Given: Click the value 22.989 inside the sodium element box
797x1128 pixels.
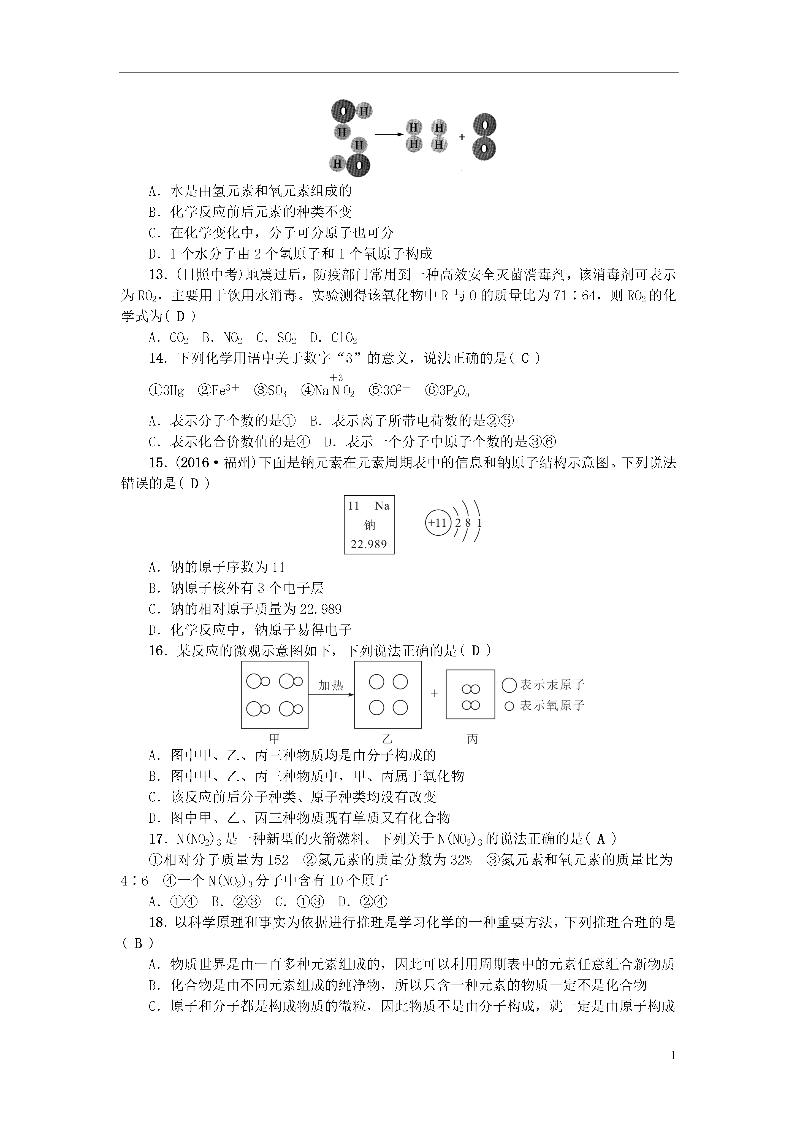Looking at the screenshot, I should click(369, 544).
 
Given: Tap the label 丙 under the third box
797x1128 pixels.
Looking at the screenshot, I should click(472, 739).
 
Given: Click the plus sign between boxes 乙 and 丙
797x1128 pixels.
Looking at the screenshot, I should click(434, 693).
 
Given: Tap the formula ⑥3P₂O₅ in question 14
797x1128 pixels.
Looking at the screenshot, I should click(447, 391).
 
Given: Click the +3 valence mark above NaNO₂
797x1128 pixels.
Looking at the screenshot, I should click(336, 377).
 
